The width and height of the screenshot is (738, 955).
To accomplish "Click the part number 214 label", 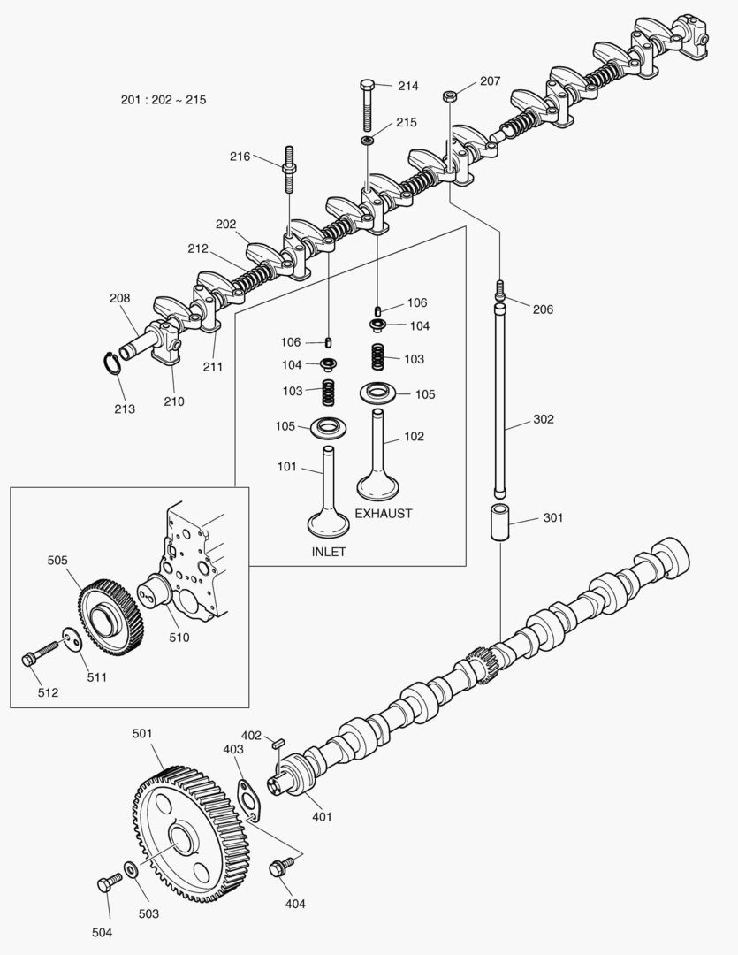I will pos(407,86).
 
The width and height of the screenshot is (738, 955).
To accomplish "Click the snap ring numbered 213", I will pos(109,364).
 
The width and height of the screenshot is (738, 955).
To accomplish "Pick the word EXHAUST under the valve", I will pos(384,513).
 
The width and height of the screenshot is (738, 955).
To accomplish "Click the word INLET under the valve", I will pos(329,552).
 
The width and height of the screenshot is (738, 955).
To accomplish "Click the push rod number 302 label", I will pos(543,419).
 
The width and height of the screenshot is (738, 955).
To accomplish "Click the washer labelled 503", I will pos(131,871).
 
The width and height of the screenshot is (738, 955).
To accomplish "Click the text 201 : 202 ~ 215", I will pos(164,100).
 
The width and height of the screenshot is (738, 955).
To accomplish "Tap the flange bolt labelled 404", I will pos(283,867).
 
